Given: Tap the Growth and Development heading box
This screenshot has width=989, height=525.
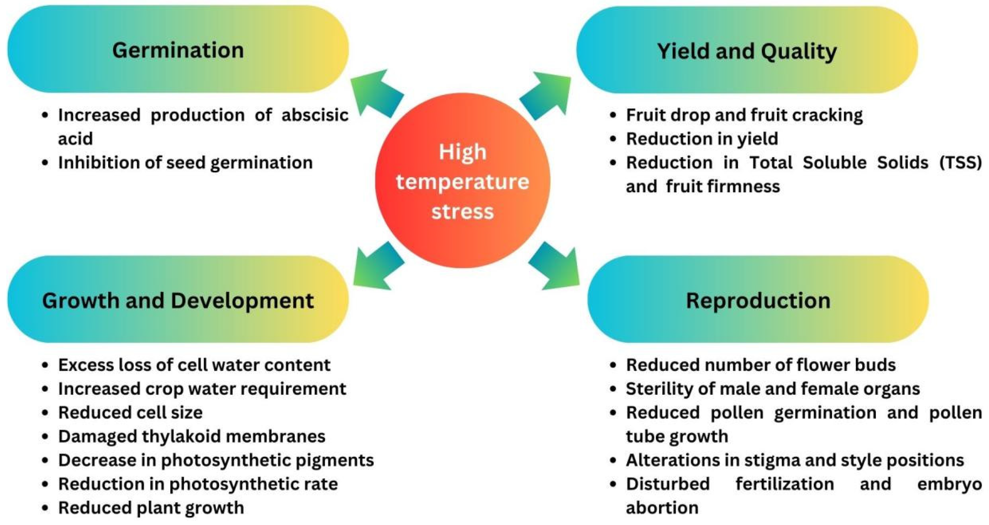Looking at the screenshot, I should (x=178, y=300).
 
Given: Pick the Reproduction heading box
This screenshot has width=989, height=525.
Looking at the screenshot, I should (x=758, y=300).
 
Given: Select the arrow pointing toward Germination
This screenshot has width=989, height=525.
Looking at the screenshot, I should (x=376, y=93).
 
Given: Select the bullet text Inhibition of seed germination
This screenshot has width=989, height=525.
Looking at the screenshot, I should (x=185, y=163).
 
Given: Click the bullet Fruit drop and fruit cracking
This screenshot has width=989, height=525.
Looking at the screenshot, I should (x=744, y=115).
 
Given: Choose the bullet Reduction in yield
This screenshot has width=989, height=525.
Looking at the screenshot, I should (x=702, y=139).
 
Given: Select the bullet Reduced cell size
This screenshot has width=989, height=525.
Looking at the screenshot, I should (x=130, y=413).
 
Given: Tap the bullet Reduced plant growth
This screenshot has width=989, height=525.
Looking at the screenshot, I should (x=151, y=508).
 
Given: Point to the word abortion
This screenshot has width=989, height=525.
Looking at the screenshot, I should (x=662, y=508).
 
